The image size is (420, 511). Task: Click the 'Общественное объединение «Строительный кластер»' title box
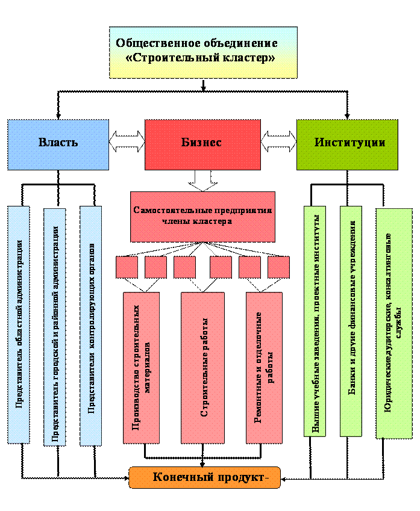pos(203,52)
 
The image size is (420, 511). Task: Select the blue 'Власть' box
pos(58,143)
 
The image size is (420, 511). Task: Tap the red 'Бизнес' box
pos(202,143)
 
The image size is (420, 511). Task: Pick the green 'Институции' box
pos(347,143)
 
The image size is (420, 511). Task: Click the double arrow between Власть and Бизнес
pos(127,142)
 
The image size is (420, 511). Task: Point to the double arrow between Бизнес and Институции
pos(278,142)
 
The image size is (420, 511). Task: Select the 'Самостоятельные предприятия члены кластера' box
pos(202,217)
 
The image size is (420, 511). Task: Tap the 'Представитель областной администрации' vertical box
pos(19,325)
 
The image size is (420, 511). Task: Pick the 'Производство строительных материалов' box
pos(141,368)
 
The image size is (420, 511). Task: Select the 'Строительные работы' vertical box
pos(202,368)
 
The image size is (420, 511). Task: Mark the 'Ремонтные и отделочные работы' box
pos(264,368)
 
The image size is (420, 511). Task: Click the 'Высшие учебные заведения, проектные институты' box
pos(315,321)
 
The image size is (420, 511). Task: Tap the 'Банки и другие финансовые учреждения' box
pos(351,321)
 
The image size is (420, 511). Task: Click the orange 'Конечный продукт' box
pos(205,478)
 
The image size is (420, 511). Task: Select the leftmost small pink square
pos(127,267)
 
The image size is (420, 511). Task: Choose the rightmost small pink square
pos(278,267)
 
